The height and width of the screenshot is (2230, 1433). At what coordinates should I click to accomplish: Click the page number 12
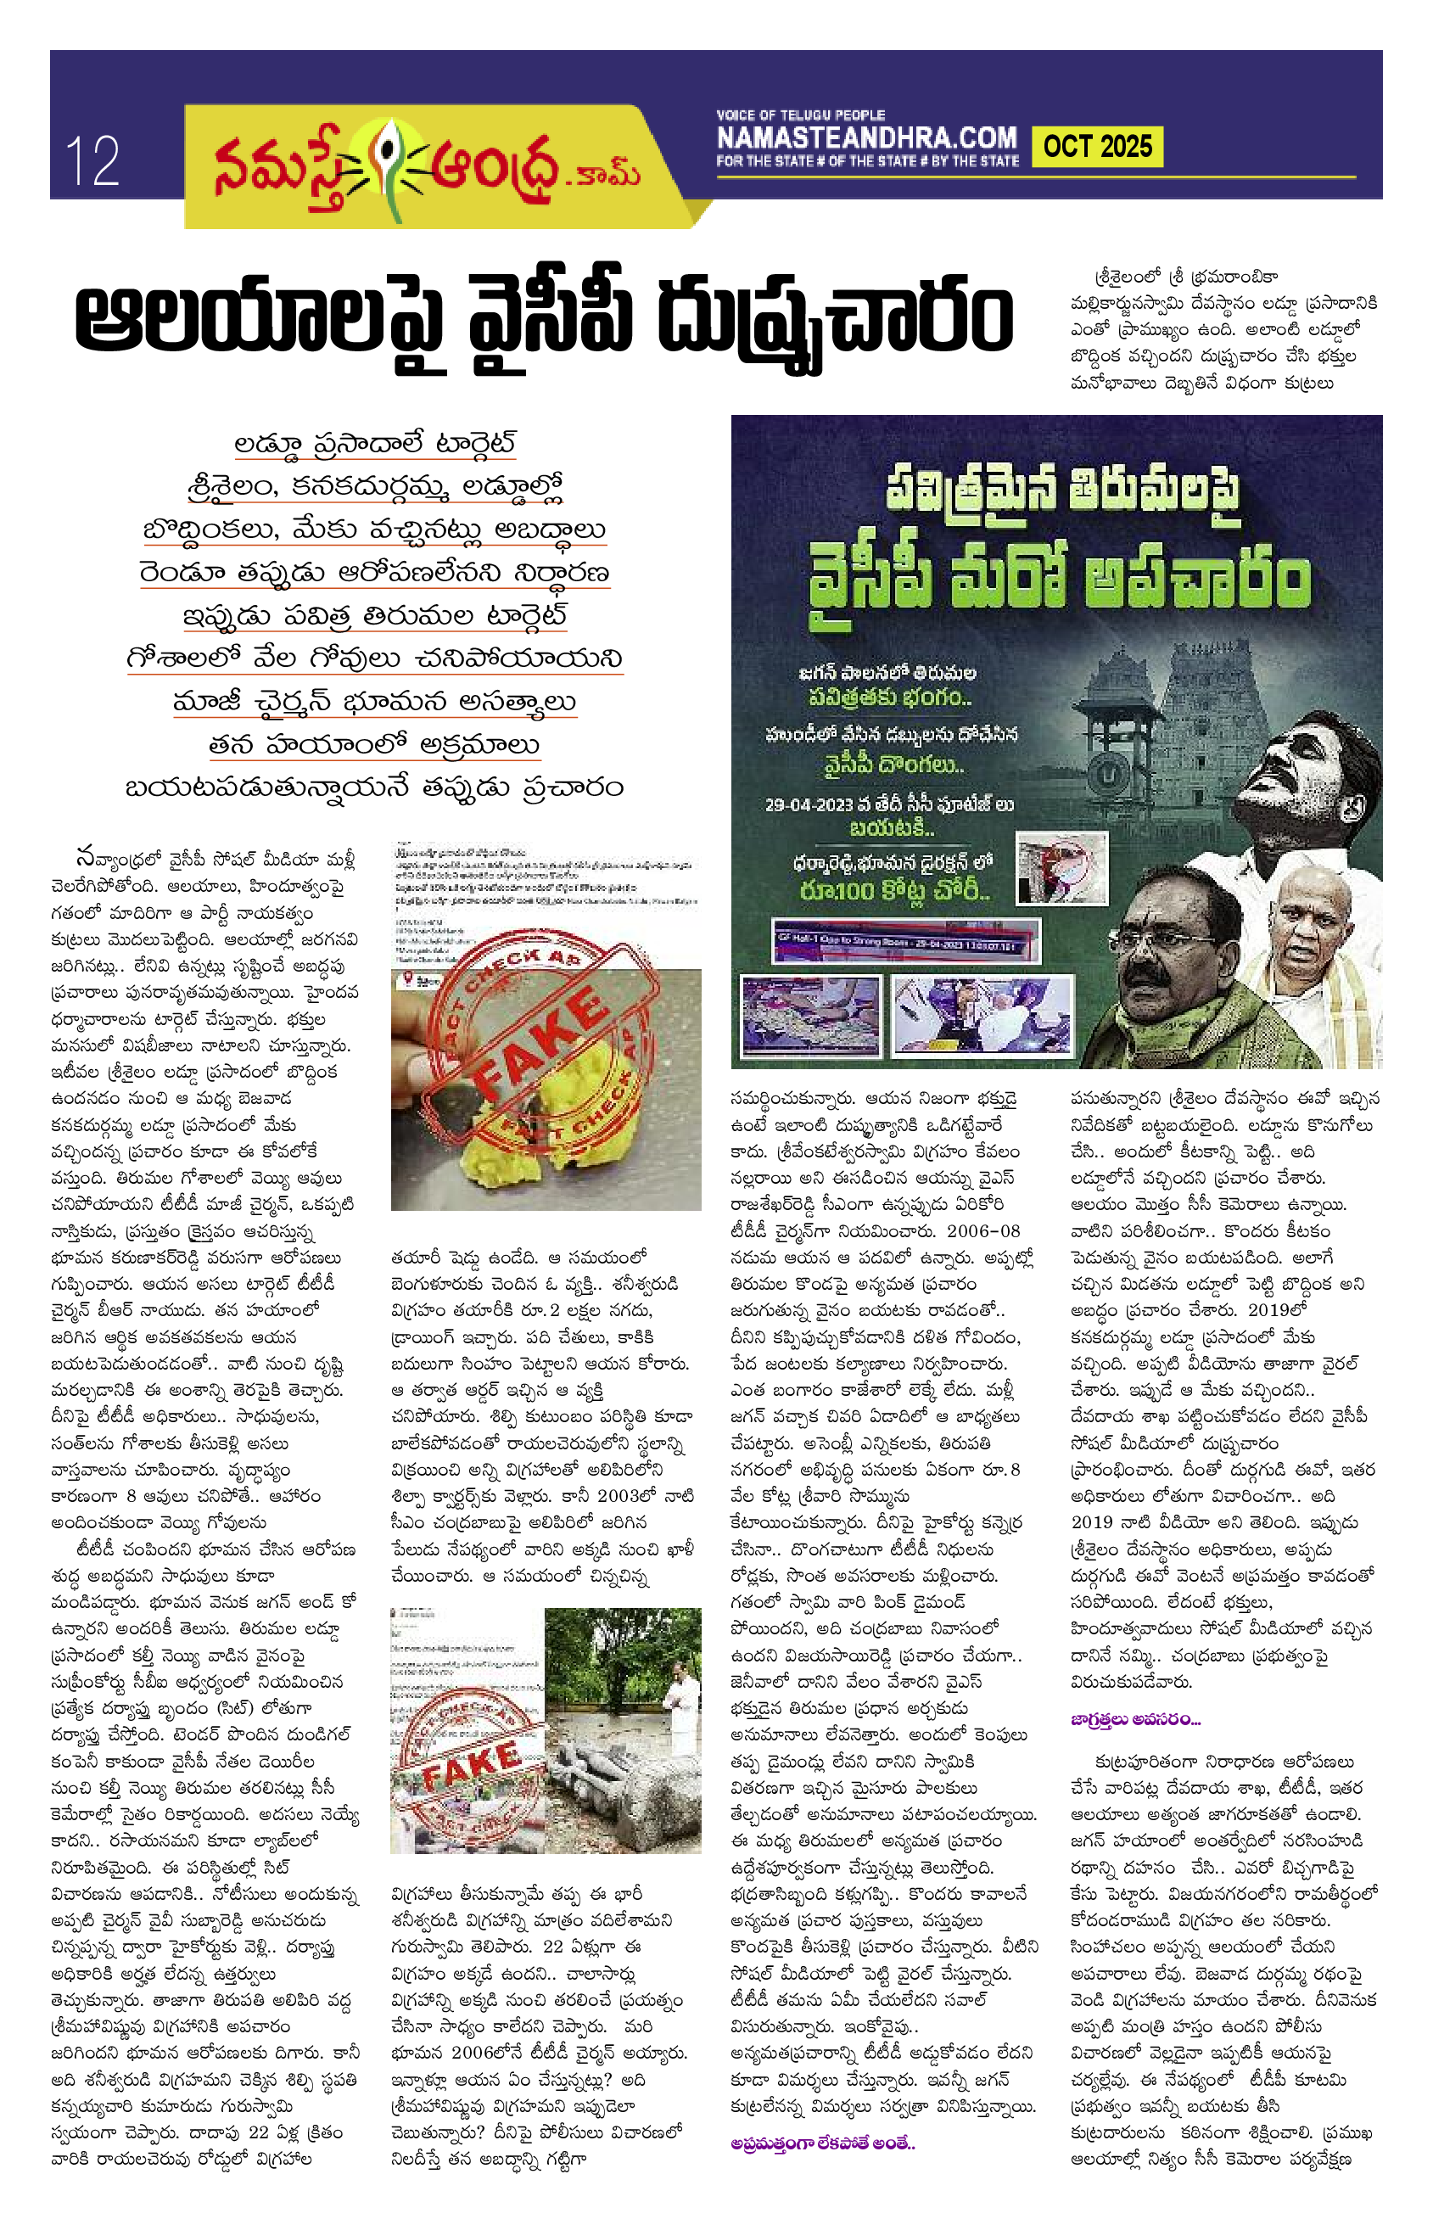pos(92,161)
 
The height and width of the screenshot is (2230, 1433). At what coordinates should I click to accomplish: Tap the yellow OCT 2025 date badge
pos(1097,147)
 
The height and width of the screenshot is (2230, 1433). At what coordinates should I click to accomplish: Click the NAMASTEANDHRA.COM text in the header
pos(866,137)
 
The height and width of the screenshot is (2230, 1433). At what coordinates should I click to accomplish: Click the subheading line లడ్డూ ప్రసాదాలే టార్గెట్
pos(375,443)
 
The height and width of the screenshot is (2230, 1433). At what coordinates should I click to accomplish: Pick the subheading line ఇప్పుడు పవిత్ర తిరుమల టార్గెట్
pos(375,615)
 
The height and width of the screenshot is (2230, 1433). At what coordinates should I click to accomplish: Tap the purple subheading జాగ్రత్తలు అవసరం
pos(1135,1719)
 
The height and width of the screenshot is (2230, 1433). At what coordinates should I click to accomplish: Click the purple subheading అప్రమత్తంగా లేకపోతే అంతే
pos(823,2143)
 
